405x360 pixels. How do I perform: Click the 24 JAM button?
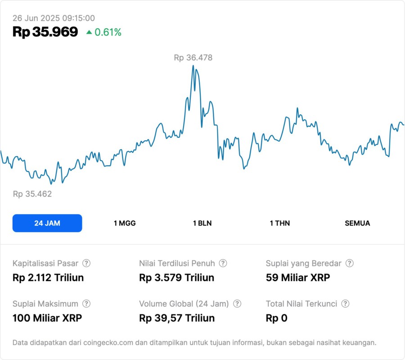pyautogui.click(x=47, y=223)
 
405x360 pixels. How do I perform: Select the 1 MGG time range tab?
pyautogui.click(x=125, y=223)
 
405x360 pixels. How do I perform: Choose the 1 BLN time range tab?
pyautogui.click(x=202, y=223)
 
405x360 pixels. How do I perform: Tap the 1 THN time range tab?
pyautogui.click(x=280, y=223)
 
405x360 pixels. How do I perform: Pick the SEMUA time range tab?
pyautogui.click(x=357, y=223)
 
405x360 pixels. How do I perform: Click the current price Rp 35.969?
pyautogui.click(x=45, y=32)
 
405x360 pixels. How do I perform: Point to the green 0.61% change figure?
pyautogui.click(x=108, y=32)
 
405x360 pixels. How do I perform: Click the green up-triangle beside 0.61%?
pyautogui.click(x=89, y=32)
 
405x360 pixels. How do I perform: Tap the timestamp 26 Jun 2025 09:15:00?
pyautogui.click(x=54, y=18)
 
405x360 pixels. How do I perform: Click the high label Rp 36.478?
pyautogui.click(x=193, y=58)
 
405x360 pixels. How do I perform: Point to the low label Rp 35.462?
pyautogui.click(x=32, y=194)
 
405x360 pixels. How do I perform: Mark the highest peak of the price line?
pyautogui.click(x=193, y=66)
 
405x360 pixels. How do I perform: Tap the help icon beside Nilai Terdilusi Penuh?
pyautogui.click(x=223, y=263)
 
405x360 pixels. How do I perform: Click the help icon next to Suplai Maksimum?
pyautogui.click(x=86, y=304)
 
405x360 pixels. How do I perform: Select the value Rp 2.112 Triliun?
pyautogui.click(x=48, y=278)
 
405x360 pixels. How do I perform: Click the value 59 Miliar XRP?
pyautogui.click(x=298, y=278)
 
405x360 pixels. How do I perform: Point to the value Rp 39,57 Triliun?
pyautogui.click(x=177, y=318)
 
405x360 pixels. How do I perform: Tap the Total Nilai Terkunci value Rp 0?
pyautogui.click(x=276, y=318)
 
